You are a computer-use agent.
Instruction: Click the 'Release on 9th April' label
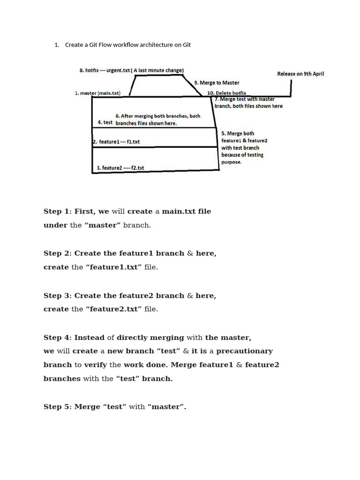click(x=300, y=74)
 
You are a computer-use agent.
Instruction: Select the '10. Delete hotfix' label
click(x=226, y=93)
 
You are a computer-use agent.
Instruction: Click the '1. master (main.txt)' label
click(x=97, y=93)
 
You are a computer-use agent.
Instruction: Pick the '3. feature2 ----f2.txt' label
click(x=120, y=167)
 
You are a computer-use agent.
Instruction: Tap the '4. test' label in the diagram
click(x=105, y=122)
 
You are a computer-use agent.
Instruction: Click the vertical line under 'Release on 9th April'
click(x=291, y=88)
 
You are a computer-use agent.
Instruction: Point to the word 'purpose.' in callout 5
click(x=231, y=162)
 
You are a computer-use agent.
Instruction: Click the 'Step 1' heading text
click(x=56, y=211)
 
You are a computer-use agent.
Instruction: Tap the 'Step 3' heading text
click(x=56, y=296)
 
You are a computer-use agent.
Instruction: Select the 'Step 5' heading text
click(x=56, y=407)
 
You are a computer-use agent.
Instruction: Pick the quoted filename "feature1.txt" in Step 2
click(x=113, y=267)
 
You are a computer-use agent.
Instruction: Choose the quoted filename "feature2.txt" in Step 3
click(x=113, y=309)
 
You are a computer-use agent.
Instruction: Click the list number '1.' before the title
click(x=57, y=45)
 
